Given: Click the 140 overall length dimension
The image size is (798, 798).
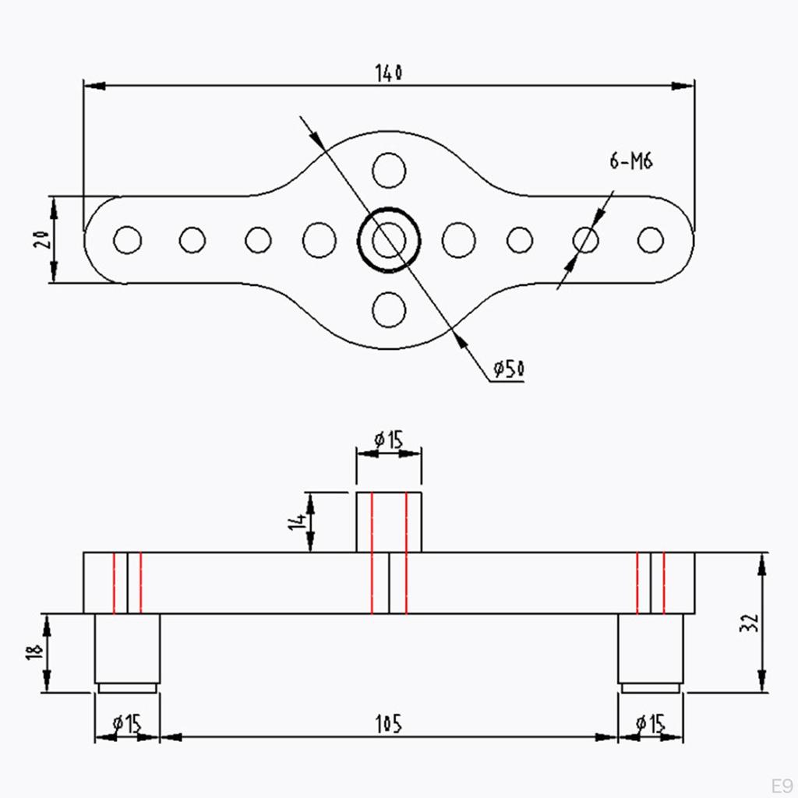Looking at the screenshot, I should point(388,73).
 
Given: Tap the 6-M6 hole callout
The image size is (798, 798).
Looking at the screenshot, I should point(630,161).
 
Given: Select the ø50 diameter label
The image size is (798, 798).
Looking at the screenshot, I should point(508,369).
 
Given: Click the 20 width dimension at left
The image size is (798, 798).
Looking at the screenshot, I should point(45,239).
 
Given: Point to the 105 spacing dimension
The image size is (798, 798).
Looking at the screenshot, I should point(388,724).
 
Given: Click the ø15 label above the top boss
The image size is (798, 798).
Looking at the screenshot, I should point(388,440).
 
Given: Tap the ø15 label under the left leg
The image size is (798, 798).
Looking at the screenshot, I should point(127,724).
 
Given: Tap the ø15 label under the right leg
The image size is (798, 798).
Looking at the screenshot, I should point(651,724).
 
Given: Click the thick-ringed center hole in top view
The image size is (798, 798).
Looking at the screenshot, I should point(389,240).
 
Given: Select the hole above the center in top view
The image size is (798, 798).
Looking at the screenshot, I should point(389,171).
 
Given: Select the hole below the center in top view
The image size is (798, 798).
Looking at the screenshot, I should point(389,309).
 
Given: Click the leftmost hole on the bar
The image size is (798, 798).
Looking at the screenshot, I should point(127,240).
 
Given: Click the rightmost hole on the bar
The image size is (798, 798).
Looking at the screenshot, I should point(651,240).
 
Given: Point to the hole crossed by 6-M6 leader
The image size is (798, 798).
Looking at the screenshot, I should point(586,240).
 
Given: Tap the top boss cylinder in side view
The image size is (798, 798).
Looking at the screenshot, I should point(389,522).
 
